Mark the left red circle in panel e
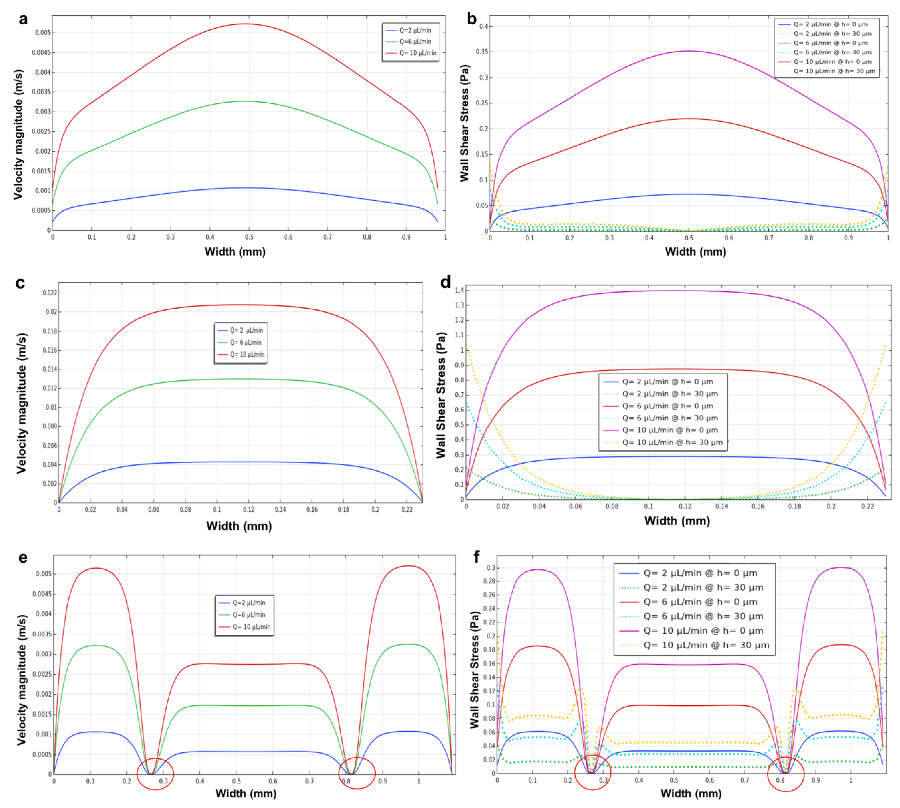(155, 773)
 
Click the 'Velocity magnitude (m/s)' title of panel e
(21, 679)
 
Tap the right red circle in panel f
(785, 774)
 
